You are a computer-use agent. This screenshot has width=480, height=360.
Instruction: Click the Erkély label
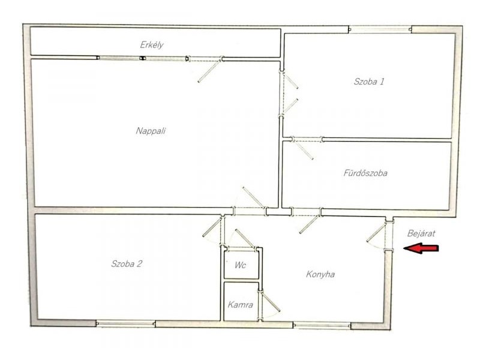(152, 45)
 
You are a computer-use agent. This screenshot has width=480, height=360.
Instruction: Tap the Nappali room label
(151, 131)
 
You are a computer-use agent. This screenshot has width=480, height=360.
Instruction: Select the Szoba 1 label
(369, 82)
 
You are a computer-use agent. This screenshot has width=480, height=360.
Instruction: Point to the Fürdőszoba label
(365, 173)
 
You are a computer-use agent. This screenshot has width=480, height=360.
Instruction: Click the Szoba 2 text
(127, 263)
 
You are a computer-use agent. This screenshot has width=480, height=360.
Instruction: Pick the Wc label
(241, 265)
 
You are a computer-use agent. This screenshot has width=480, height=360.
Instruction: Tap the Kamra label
(241, 305)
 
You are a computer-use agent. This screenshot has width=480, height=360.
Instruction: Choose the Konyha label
(320, 274)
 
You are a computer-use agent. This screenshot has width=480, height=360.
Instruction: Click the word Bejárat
(421, 233)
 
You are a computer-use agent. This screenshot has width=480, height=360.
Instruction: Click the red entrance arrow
(421, 248)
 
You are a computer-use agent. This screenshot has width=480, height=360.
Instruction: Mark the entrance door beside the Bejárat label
(376, 233)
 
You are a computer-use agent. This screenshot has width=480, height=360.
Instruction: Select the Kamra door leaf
(271, 302)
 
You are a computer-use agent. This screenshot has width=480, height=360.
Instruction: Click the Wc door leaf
(245, 238)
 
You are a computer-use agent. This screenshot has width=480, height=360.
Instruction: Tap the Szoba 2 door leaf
(212, 227)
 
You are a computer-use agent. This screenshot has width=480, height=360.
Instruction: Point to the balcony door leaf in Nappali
(209, 71)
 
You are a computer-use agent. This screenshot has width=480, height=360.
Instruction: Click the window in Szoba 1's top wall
(380, 29)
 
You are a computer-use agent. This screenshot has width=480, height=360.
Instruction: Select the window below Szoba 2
(125, 323)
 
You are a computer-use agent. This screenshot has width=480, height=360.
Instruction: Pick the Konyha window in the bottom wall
(322, 325)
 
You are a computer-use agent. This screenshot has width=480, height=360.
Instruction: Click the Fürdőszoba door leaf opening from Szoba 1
(303, 151)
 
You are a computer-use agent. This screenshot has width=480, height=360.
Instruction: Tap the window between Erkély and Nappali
(142, 58)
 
